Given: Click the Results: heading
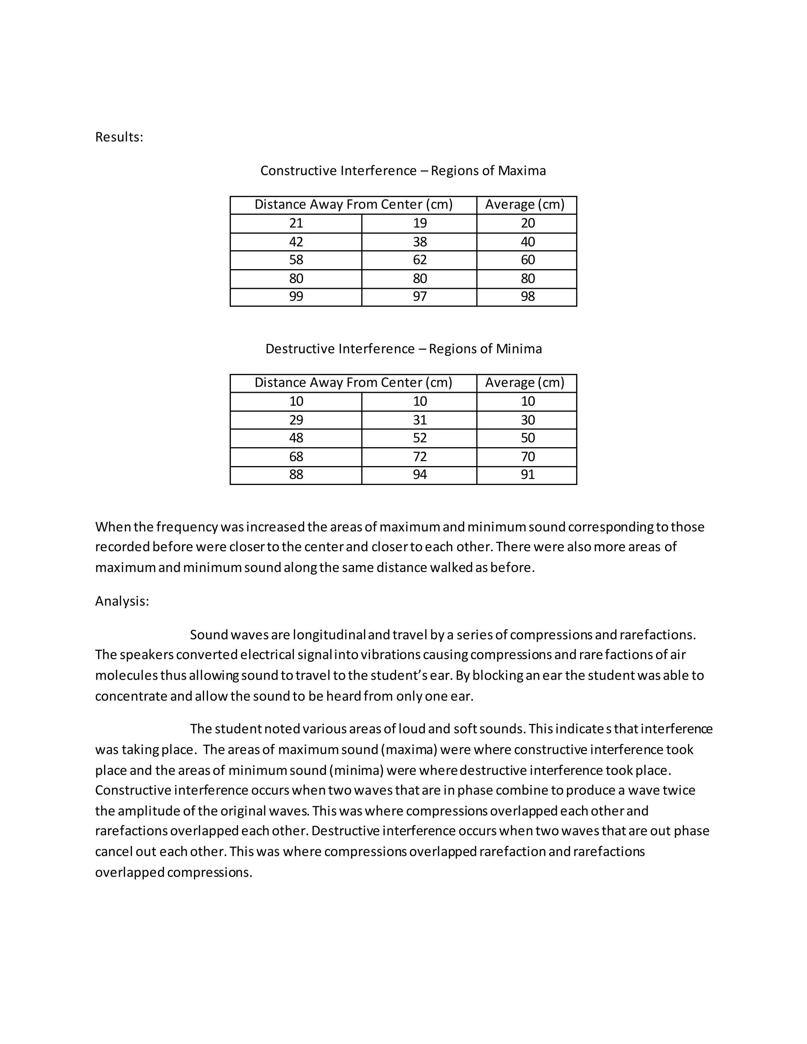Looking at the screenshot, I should tap(119, 137).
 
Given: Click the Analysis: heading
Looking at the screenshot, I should tap(122, 601).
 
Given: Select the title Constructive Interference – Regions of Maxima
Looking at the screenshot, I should tap(403, 171).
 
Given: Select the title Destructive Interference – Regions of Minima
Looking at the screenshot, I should tap(403, 349).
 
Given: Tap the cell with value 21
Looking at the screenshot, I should tap(296, 223).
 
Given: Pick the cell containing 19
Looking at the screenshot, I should tap(419, 223).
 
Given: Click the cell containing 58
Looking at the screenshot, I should tap(296, 260).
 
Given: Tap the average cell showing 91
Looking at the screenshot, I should tap(527, 475).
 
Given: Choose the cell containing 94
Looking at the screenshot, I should tap(419, 475).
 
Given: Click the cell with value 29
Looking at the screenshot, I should tap(296, 420).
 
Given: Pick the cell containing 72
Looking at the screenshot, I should tap(419, 457).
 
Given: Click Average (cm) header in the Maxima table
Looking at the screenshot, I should tap(524, 204).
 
